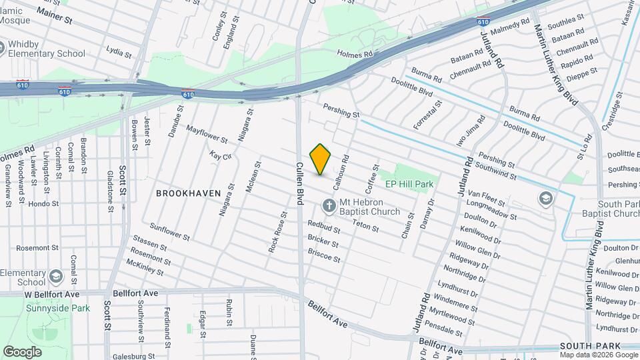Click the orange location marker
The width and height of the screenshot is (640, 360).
coord(321,159)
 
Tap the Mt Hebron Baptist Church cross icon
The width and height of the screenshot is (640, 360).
coord(328,205)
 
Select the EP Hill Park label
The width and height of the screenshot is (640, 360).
coord(409,183)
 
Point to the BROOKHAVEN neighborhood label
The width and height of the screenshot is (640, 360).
coord(188,193)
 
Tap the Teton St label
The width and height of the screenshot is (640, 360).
coord(366,227)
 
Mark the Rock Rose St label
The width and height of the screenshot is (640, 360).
coord(278,232)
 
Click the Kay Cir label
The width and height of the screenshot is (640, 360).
coord(220,155)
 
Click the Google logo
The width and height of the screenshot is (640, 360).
coord(22,351)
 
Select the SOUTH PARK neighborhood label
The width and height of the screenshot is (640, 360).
coord(590,345)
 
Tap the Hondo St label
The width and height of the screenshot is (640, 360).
coord(43,204)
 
